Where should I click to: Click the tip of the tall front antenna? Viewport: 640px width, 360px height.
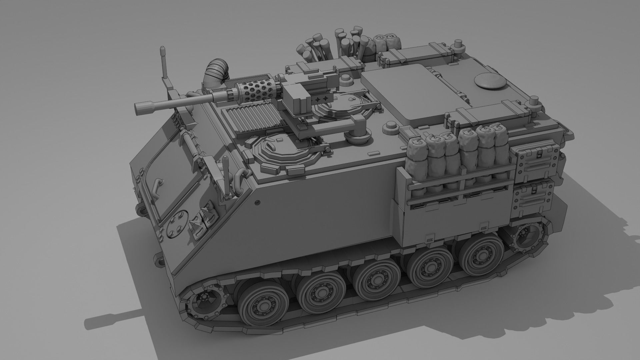(162, 50)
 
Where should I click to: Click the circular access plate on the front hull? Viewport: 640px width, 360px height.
(177, 224)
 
